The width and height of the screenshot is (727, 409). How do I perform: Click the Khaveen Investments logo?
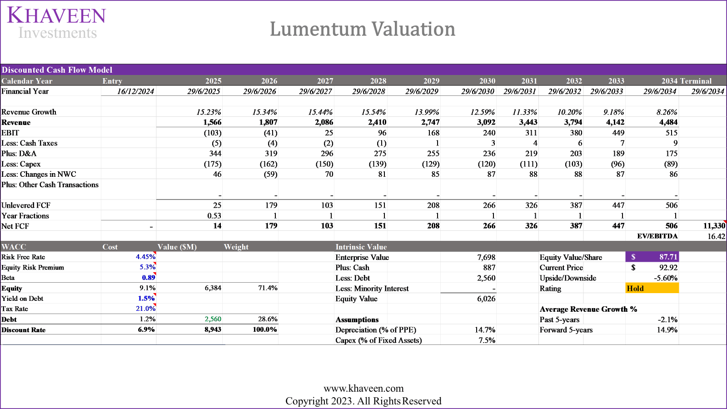click(56, 23)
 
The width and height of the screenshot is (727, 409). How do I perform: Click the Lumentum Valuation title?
click(362, 29)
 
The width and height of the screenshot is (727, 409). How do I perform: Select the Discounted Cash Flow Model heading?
click(57, 70)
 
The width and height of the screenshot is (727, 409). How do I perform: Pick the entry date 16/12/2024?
click(135, 91)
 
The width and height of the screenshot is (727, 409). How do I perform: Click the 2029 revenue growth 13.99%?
click(427, 112)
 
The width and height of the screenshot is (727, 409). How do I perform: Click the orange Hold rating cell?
click(652, 288)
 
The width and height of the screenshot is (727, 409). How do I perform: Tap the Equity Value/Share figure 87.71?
click(667, 257)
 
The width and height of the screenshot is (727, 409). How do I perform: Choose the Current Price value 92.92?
click(668, 268)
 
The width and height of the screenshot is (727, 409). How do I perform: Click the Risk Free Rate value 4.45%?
click(145, 257)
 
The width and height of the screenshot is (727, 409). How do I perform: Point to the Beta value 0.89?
click(148, 278)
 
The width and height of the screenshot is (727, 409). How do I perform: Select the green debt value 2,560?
click(213, 319)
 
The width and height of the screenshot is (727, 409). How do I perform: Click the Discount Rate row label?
click(24, 330)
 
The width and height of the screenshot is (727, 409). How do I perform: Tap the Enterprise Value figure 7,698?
click(486, 257)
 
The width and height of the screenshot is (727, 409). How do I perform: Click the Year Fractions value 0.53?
click(214, 216)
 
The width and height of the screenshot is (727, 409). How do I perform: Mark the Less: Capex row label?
click(21, 164)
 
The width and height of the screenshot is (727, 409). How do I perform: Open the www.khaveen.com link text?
click(363, 389)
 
